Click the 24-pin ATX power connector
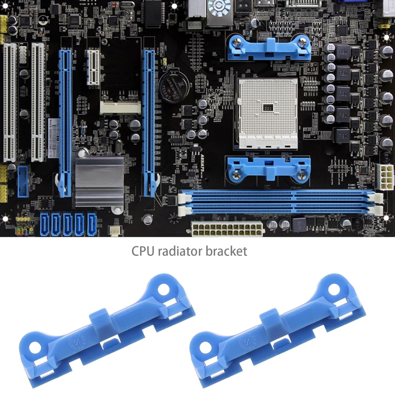[227, 229]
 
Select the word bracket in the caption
[226, 251]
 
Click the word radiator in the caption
[180, 251]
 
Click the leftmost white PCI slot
[10, 103]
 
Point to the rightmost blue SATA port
[92, 224]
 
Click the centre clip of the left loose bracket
[99, 322]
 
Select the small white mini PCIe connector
[120, 107]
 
